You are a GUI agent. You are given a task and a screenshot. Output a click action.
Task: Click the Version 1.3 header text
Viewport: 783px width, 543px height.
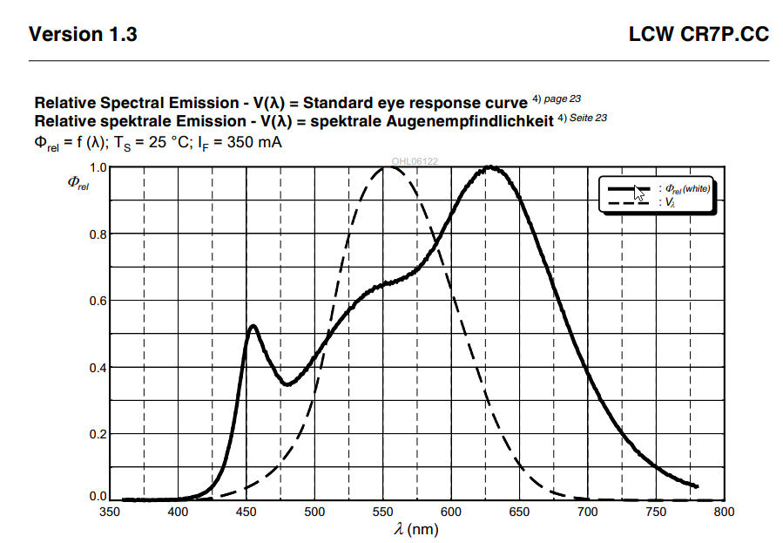[x=83, y=35]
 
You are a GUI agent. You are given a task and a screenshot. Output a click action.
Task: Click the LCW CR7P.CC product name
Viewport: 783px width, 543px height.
[x=699, y=35]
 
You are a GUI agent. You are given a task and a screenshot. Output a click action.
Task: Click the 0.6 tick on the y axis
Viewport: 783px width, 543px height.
[x=97, y=301]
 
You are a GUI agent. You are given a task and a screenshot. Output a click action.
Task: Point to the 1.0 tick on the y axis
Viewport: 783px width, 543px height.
[x=97, y=167]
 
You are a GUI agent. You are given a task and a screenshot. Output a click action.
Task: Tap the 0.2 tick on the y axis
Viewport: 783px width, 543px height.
[x=97, y=433]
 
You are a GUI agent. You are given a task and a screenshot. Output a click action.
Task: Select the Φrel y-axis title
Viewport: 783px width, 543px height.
[x=78, y=183]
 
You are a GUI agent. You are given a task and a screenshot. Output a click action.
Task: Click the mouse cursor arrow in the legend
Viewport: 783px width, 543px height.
[x=640, y=193]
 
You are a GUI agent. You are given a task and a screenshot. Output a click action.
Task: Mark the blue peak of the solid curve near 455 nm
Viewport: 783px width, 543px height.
[x=253, y=326]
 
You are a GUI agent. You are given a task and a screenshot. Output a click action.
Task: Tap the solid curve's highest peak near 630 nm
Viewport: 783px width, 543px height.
[x=491, y=167]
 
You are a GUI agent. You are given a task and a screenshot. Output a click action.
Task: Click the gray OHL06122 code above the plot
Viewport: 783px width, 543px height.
[x=415, y=161]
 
